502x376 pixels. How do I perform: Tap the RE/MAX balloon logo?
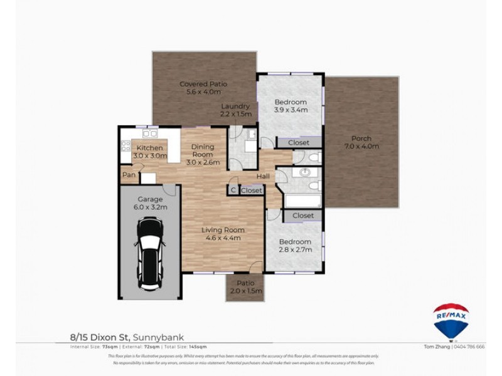[x=451, y=320]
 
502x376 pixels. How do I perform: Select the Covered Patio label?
[x=203, y=88]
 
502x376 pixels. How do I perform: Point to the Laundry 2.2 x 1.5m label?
[x=235, y=110]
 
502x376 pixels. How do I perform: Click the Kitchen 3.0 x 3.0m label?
[x=149, y=152]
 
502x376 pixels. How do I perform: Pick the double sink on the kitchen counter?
[x=149, y=133]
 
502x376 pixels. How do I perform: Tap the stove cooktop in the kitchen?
[x=125, y=146]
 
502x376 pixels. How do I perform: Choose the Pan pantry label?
[x=129, y=175]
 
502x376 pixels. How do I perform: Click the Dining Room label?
[x=202, y=154]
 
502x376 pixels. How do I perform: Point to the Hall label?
[x=263, y=176]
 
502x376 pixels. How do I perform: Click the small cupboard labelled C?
[x=233, y=190]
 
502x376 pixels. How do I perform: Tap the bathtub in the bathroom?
[x=303, y=201]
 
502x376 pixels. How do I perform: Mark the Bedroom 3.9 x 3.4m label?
[x=291, y=106]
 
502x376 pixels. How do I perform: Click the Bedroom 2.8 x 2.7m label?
[x=295, y=245]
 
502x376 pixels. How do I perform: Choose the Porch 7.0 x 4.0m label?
[x=361, y=142]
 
